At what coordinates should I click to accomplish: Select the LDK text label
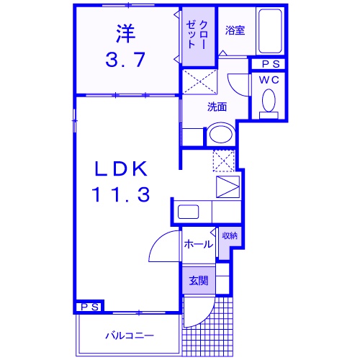click(x=120, y=170)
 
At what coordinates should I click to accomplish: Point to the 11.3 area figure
click(x=120, y=194)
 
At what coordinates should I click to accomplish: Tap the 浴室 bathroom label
click(x=234, y=31)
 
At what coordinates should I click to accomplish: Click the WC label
click(x=270, y=79)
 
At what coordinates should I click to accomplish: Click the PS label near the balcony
click(x=89, y=307)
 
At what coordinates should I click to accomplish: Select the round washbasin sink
click(x=220, y=135)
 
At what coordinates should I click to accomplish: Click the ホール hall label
click(x=198, y=244)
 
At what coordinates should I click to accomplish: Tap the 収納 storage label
click(x=229, y=235)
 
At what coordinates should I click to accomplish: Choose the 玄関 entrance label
click(x=198, y=280)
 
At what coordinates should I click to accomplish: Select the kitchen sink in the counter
click(x=189, y=213)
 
